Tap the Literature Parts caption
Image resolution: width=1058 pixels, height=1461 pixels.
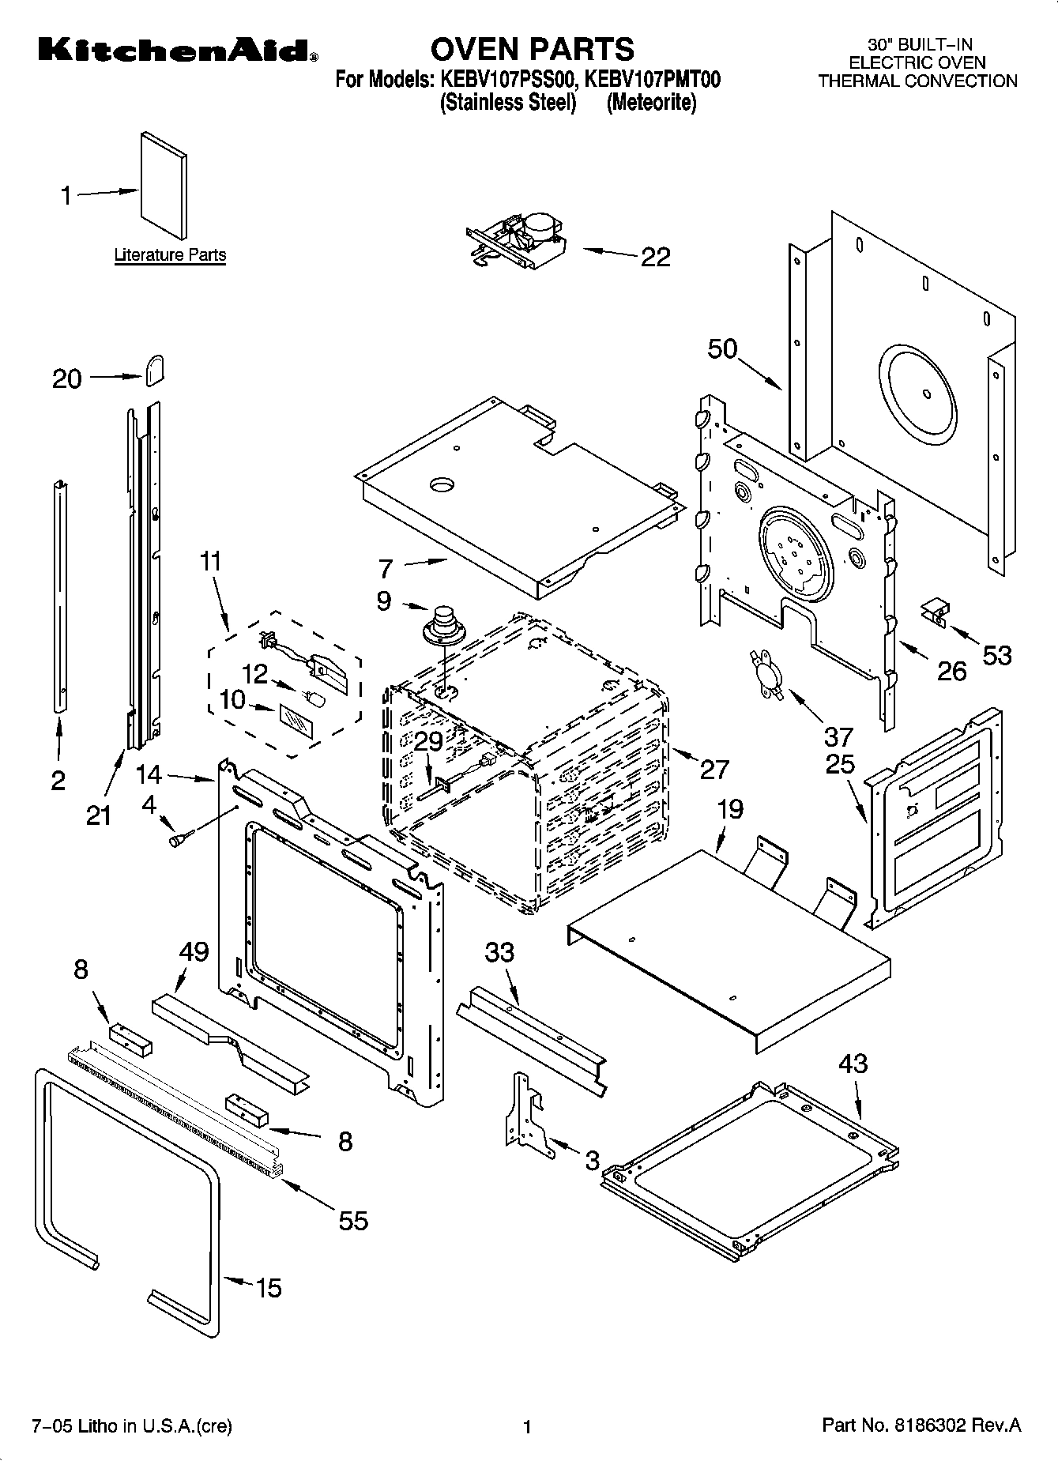[170, 255]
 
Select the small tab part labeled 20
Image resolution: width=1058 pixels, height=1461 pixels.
[154, 369]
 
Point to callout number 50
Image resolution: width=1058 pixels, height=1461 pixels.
[722, 348]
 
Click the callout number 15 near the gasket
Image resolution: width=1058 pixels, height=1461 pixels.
[269, 1289]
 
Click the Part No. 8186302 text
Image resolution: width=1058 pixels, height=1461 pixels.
[921, 1425]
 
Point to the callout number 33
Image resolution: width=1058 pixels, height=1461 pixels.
[499, 952]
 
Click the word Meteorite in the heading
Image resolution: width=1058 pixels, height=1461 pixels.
[651, 103]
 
